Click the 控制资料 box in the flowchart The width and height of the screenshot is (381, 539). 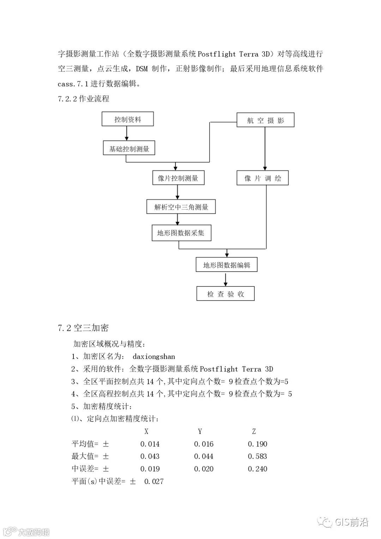128,119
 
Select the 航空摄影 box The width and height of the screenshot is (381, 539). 265,120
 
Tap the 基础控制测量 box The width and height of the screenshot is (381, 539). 129,149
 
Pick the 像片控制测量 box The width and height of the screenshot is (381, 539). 178,178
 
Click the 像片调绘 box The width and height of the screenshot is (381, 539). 262,178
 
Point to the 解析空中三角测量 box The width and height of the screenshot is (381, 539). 181,207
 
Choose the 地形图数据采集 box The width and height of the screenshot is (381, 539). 181,233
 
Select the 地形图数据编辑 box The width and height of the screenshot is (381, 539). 226,265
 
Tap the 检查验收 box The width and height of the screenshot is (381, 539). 225,294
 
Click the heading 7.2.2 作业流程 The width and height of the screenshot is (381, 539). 84,99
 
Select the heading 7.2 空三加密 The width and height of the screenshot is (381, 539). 83,328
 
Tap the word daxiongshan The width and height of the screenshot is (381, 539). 153,357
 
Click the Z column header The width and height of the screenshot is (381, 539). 254,431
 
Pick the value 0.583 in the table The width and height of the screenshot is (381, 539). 258,456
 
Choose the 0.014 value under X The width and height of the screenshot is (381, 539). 150,444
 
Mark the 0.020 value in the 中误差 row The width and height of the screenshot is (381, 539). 204,469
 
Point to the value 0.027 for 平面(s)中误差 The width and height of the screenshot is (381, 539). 154,482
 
